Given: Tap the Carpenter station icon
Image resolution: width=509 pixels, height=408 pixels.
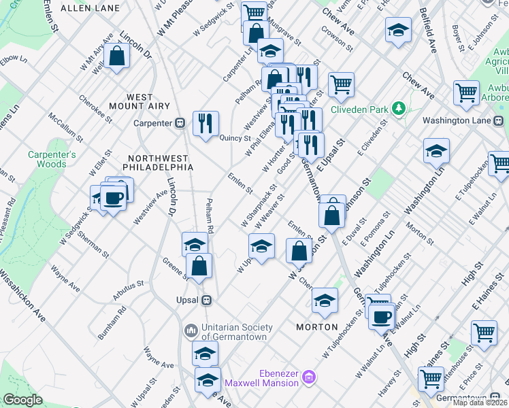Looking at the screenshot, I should pyautogui.click(x=180, y=123).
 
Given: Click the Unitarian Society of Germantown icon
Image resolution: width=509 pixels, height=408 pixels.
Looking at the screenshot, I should pyautogui.click(x=191, y=331).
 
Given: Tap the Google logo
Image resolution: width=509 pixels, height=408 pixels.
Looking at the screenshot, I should pyautogui.click(x=22, y=400).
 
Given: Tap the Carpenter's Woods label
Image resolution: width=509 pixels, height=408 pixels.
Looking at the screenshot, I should pyautogui.click(x=48, y=158).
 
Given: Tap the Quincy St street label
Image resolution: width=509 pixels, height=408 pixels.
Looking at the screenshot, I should pyautogui.click(x=236, y=138).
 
